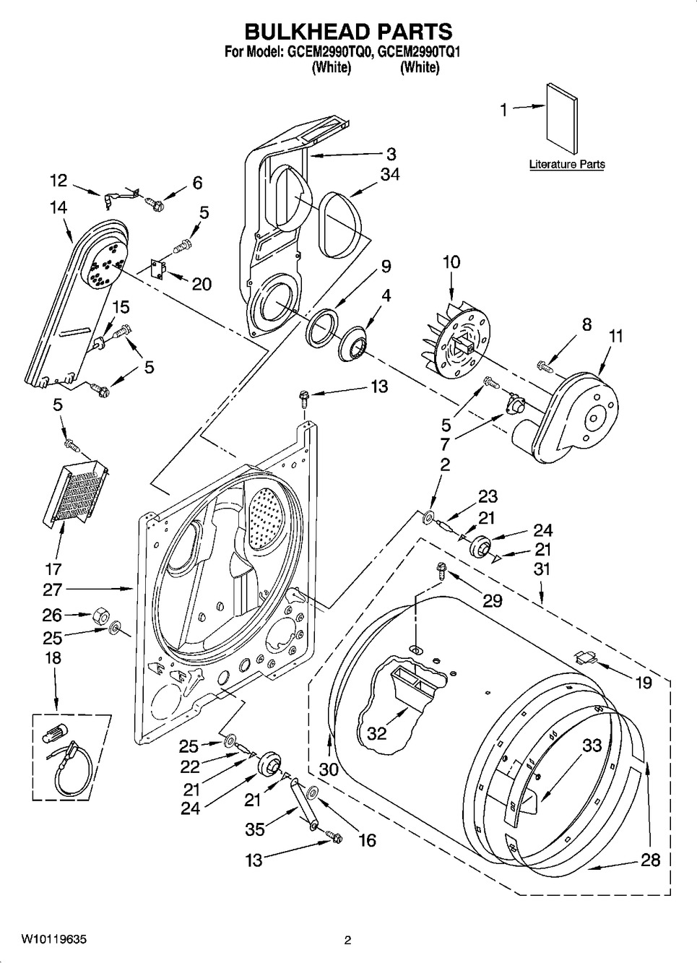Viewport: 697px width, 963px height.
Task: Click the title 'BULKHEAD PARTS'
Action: pyautogui.click(x=348, y=31)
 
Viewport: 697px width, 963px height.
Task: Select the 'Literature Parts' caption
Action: pyautogui.click(x=566, y=165)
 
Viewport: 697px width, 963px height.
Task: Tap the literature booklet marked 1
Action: pyautogui.click(x=561, y=119)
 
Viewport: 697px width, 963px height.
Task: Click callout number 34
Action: pyautogui.click(x=390, y=174)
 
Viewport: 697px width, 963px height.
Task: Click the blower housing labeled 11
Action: pyautogui.click(x=581, y=418)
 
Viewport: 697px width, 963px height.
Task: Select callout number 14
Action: pyautogui.click(x=58, y=207)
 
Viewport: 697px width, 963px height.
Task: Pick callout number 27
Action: pyautogui.click(x=53, y=589)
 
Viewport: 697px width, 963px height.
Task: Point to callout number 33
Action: pyautogui.click(x=592, y=745)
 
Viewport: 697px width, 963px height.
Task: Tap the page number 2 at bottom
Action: pyautogui.click(x=347, y=941)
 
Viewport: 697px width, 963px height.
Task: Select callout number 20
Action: pyautogui.click(x=202, y=284)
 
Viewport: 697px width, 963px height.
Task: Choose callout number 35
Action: pyautogui.click(x=255, y=829)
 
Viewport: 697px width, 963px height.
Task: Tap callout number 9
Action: pyautogui.click(x=386, y=267)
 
